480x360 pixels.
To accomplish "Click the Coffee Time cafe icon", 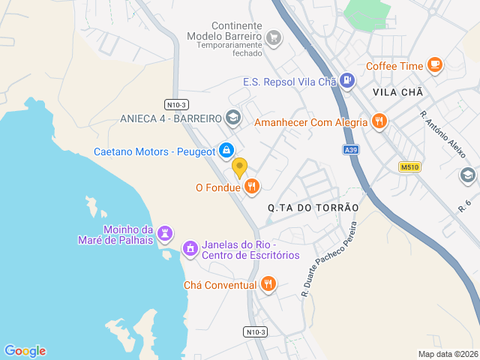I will pos(435,65).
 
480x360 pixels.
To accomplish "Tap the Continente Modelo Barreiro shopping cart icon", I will pos(274,37).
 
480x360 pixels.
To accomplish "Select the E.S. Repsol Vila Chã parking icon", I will pos(346,80).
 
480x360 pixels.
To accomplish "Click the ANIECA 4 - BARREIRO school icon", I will pos(233,118).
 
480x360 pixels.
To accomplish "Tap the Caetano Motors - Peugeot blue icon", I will pos(226,151).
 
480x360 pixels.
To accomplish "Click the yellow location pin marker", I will pos(239,167).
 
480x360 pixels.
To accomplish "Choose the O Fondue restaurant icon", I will pos(252,186).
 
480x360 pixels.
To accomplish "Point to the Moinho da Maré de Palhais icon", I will pos(166,235).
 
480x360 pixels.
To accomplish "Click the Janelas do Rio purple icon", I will pos(190,247).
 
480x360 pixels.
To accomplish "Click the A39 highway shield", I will pos(351,150).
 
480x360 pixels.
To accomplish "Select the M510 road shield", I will pos(409,166).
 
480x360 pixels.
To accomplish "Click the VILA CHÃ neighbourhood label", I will pos(397,92).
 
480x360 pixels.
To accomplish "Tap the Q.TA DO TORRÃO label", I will pos(313,207).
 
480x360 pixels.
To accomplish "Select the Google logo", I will pos(25,351).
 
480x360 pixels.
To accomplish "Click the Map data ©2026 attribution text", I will pos(447,354).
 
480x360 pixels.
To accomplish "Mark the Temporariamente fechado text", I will pos(229,54).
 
